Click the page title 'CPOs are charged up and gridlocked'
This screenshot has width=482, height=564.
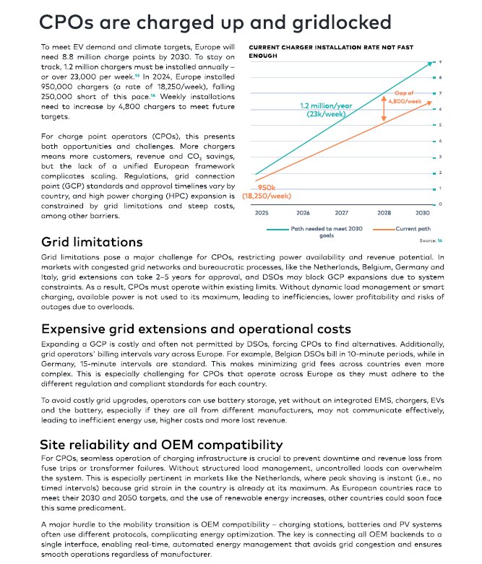coord(215,22)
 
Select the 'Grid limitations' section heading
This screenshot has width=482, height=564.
coord(92,242)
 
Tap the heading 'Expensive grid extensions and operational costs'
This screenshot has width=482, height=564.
coord(196,329)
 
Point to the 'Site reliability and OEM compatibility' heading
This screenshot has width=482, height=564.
coord(161,445)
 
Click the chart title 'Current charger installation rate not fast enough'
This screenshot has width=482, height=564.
coord(331,51)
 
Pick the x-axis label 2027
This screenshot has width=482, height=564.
coord(341,213)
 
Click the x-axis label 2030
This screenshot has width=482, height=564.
coord(422,213)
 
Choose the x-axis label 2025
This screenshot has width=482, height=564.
coord(262,213)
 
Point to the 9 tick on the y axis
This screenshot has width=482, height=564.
coord(440,62)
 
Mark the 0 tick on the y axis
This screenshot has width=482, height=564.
coord(440,204)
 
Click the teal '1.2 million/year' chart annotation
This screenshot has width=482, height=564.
coord(326,105)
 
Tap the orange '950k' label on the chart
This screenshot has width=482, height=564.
coord(267,188)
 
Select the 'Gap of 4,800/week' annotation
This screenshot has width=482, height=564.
coord(405,97)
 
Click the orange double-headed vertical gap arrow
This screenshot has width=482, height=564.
coord(384,108)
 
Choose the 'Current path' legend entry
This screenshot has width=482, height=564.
coord(402,229)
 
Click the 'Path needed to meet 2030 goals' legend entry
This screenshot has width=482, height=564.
coord(314,232)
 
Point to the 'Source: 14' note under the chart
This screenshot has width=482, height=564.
coord(431,240)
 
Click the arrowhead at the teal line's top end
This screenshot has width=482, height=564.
coord(429,64)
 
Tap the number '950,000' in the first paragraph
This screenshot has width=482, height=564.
coord(56,87)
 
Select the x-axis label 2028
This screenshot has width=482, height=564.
coord(384,213)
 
